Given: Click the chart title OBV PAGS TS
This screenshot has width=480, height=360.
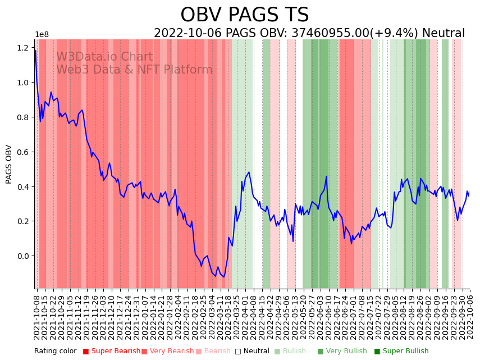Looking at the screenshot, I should [x=244, y=15].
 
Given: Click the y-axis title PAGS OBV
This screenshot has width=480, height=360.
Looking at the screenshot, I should [x=9, y=164].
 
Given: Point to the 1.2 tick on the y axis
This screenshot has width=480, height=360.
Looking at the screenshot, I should [x=24, y=48].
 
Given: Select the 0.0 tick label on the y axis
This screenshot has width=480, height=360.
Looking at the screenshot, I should [x=24, y=256].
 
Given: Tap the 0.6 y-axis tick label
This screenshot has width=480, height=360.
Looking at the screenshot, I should [x=24, y=152].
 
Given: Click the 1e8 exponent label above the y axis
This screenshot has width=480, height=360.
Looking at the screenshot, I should [x=42, y=35].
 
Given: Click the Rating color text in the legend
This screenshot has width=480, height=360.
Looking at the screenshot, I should [x=55, y=351].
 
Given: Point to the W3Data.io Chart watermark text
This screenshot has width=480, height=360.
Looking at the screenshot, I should [x=104, y=57].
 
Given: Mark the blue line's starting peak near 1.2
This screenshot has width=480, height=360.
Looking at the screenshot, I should [x=35, y=51].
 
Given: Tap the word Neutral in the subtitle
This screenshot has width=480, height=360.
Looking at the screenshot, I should [x=444, y=33].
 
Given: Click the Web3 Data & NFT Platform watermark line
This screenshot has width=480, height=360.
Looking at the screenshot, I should [x=134, y=70].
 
